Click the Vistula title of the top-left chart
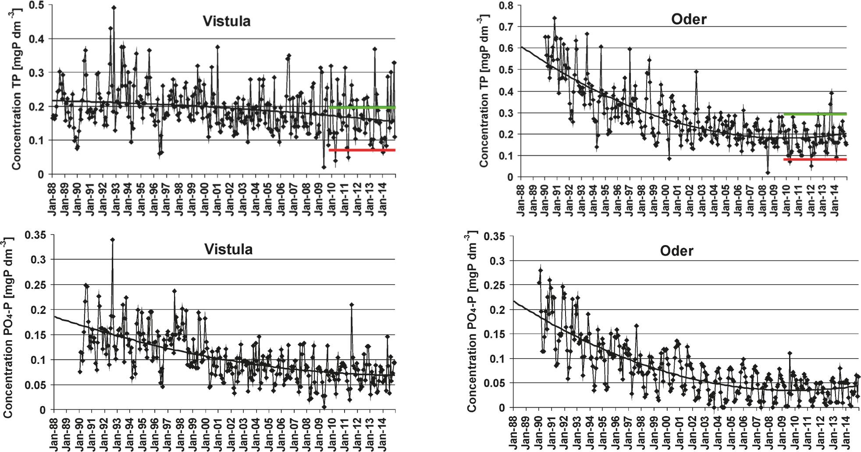point(226,21)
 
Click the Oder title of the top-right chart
point(689,19)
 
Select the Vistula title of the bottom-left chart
point(228,249)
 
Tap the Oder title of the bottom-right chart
point(676,251)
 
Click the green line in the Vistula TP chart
point(362,107)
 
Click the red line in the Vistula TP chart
point(362,150)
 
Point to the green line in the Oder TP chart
point(815,114)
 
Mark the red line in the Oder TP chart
point(815,160)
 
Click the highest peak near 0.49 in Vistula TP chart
point(114,7)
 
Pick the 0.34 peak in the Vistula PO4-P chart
point(113,239)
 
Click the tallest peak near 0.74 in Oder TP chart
point(554,18)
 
